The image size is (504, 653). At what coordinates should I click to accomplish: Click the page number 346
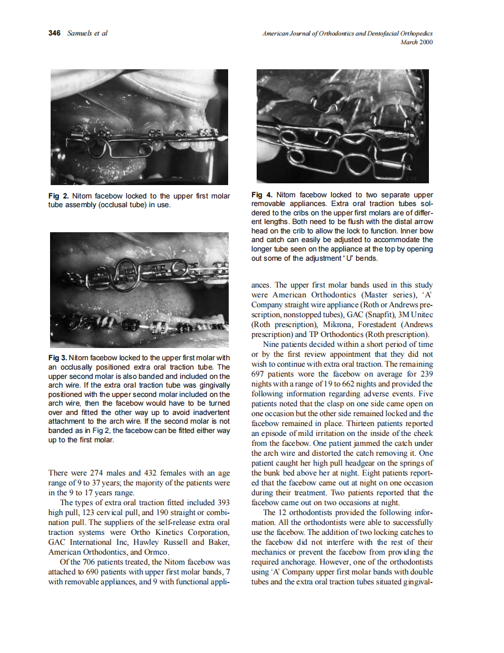pyautogui.click(x=54, y=33)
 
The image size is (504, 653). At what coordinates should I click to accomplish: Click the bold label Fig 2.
pyautogui.click(x=57, y=196)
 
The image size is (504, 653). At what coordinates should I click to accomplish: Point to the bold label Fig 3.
pyautogui.click(x=57, y=357)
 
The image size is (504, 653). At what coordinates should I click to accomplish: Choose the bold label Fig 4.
pyautogui.click(x=261, y=195)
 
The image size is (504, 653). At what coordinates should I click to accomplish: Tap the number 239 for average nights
pyautogui.click(x=425, y=374)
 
